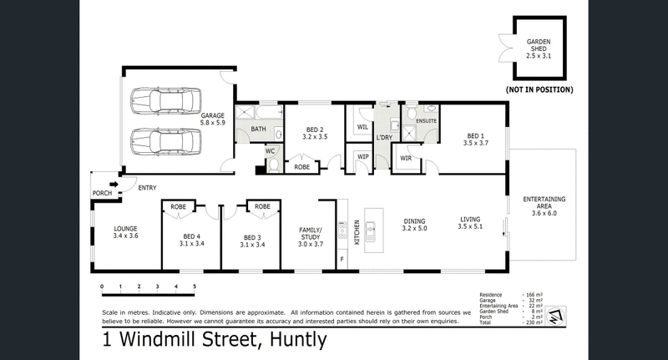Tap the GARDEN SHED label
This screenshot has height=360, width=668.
(538, 48)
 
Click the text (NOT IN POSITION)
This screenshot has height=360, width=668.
(539, 88)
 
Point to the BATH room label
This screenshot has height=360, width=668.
(257, 129)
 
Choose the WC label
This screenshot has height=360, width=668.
(270, 150)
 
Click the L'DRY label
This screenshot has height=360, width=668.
(384, 136)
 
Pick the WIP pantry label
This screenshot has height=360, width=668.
(362, 156)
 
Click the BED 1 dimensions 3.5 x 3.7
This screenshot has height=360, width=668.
(473, 143)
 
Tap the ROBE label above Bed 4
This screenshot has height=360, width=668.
(178, 205)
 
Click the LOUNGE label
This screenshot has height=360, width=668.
(126, 228)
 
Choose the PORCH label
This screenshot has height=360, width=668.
(102, 193)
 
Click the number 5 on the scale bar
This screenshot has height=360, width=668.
(195, 287)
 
